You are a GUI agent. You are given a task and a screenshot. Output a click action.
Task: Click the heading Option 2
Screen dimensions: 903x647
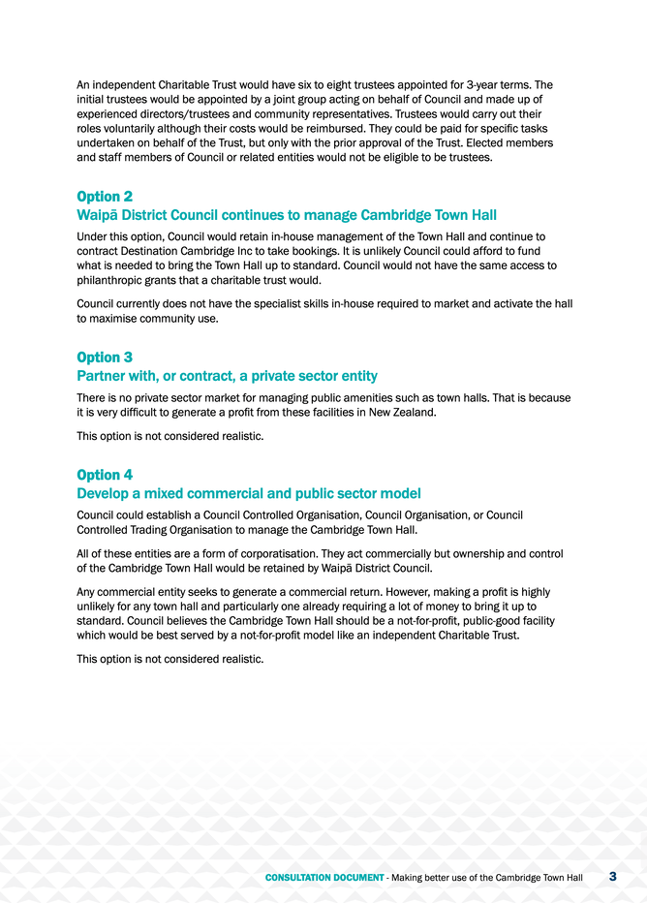click(105, 197)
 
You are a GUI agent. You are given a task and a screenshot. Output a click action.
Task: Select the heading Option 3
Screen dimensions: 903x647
click(105, 358)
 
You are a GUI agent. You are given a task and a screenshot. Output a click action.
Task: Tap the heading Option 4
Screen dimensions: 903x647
click(105, 475)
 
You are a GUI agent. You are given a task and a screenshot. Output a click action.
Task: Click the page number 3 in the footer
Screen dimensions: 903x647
click(612, 877)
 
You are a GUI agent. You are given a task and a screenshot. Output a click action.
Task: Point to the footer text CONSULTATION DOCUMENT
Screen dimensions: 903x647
click(324, 878)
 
